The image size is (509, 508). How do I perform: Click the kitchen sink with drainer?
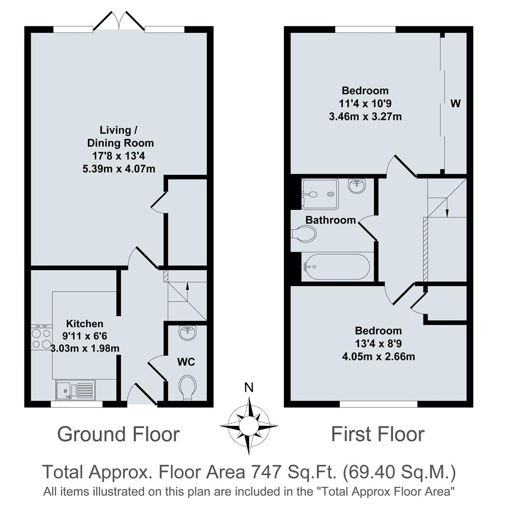coord(75,390)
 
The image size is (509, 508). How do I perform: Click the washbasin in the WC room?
coord(188,333)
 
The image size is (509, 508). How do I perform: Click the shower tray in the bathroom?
coord(320,193)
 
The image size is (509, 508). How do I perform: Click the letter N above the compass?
coord(249,388)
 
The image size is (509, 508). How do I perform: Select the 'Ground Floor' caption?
coord(118,434)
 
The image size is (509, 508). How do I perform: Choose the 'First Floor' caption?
coord(378,434)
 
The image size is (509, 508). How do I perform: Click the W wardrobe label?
coord(455,104)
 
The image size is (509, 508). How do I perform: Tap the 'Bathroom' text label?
coord(331,220)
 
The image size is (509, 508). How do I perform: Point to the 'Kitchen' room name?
coord(84,324)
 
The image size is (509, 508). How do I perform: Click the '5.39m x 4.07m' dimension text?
coord(119,168)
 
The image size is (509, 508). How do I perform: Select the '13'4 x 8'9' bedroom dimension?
coord(378,343)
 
